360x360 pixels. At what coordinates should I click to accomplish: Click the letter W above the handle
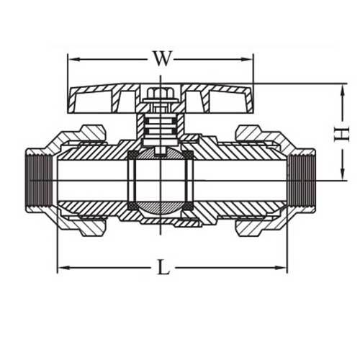162,59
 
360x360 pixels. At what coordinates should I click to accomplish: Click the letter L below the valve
163,269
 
